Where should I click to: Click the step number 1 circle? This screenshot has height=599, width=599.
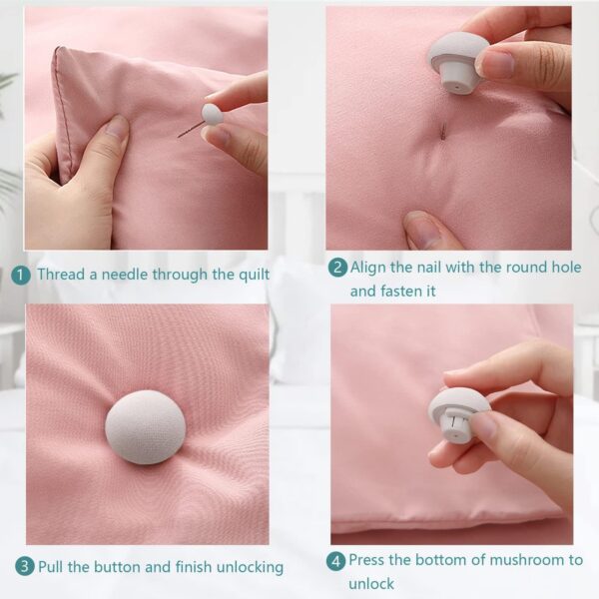point(20,275)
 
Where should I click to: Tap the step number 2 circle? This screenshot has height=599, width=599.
point(338,268)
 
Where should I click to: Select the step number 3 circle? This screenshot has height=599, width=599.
point(24,566)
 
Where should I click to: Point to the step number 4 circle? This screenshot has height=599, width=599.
point(337,560)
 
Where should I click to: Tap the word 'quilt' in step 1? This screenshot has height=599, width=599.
point(250,275)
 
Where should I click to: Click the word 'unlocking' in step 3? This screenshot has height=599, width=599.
point(249,566)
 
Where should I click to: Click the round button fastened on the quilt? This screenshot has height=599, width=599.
point(145,426)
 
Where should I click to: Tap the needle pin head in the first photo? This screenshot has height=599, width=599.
point(211,114)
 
